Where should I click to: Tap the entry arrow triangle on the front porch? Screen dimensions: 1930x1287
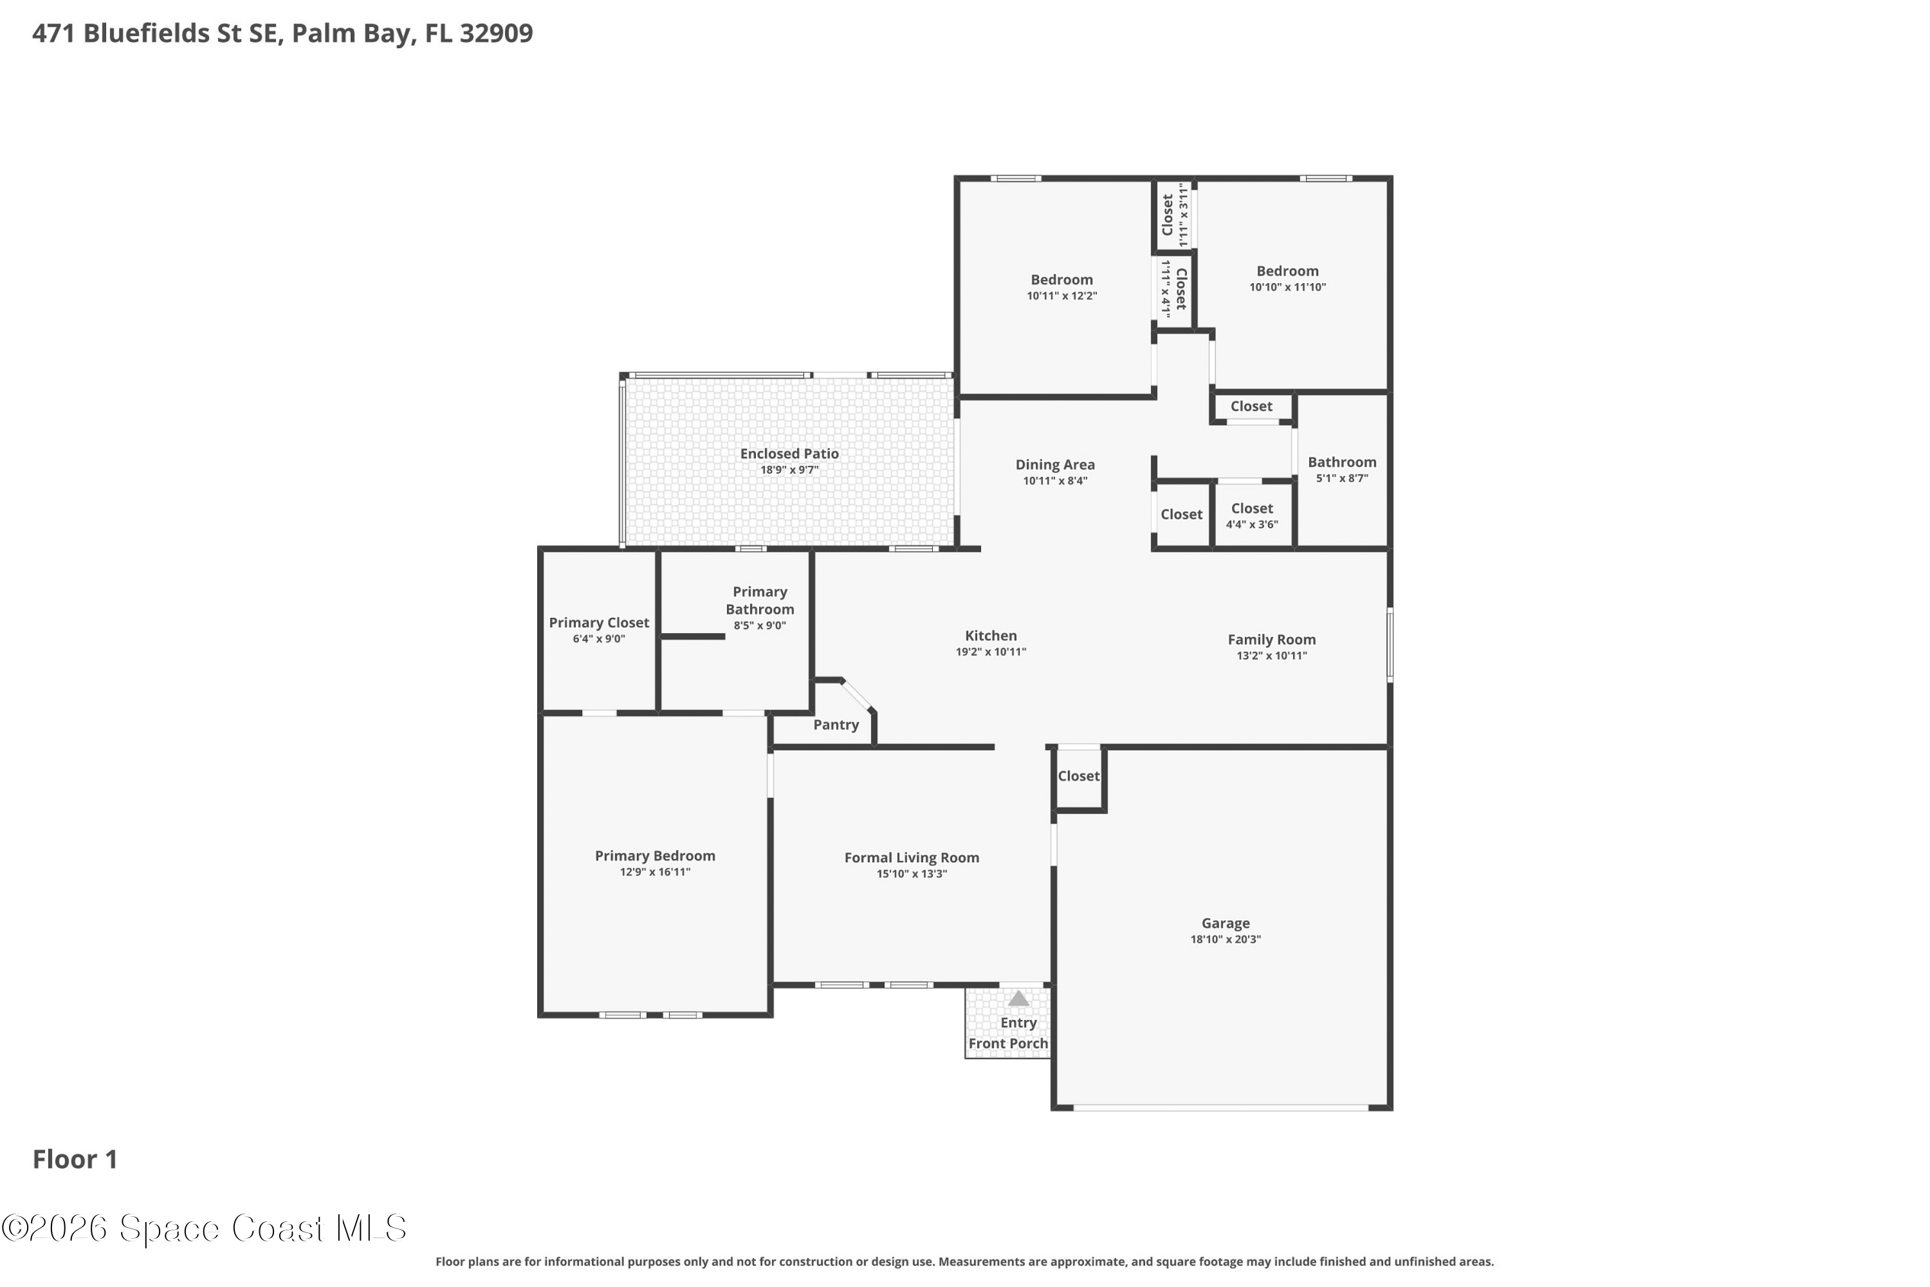[1018, 998]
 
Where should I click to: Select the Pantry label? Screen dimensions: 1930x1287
[836, 725]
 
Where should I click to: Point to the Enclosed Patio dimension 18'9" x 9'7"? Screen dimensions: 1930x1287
[789, 470]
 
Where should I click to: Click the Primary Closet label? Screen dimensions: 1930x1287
[599, 623]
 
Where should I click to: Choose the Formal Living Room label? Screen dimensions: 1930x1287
[912, 858]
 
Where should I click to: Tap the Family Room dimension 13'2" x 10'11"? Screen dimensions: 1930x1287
[1272, 656]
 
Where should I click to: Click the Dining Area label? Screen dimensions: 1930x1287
[1055, 465]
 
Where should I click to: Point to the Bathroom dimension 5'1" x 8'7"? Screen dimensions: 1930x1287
[1343, 479]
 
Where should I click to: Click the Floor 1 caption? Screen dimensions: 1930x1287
[75, 1159]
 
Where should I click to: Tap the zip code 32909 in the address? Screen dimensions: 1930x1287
[497, 33]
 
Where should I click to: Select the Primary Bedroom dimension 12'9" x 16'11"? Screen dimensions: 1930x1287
[655, 873]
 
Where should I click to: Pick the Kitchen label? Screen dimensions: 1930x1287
[991, 636]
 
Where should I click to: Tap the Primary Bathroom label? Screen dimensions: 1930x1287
[760, 601]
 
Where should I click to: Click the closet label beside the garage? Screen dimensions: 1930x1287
[1078, 777]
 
